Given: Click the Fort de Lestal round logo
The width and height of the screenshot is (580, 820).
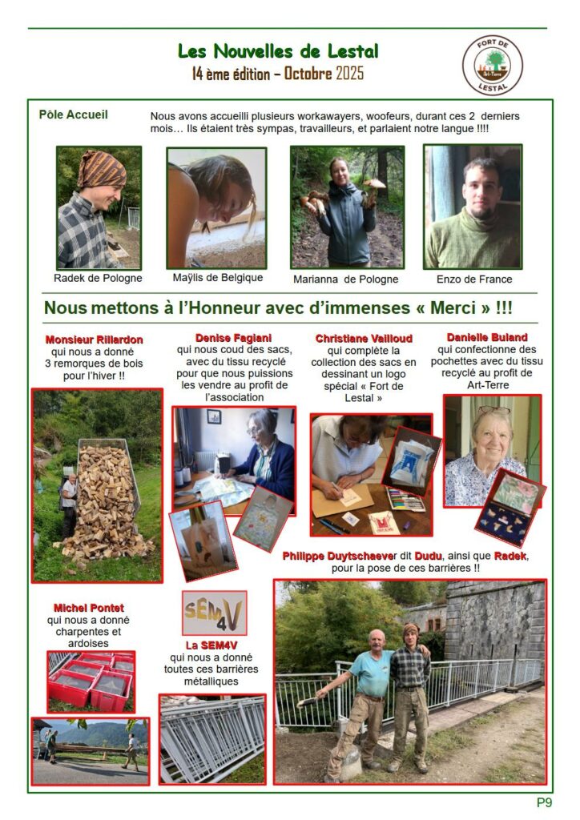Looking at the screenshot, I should pyautogui.click(x=493, y=66).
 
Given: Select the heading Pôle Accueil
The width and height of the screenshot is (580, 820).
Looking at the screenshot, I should pyautogui.click(x=73, y=115).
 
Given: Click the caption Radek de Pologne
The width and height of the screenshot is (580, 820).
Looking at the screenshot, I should pyautogui.click(x=98, y=278).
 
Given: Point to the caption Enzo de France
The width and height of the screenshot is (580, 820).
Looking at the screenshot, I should pyautogui.click(x=474, y=279).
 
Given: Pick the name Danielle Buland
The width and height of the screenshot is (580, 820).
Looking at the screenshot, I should pyautogui.click(x=486, y=337).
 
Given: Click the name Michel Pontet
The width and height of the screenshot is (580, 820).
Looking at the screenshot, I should pyautogui.click(x=88, y=608).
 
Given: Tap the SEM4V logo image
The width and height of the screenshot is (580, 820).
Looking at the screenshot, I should pyautogui.click(x=214, y=613).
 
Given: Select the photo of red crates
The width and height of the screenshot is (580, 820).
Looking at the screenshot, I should pyautogui.click(x=91, y=681).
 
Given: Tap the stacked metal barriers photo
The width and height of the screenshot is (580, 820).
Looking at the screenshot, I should pyautogui.click(x=212, y=738).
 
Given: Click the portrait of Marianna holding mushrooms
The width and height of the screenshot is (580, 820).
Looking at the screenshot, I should pyautogui.click(x=347, y=207).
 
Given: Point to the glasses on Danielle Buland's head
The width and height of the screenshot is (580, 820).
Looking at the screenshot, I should pyautogui.click(x=494, y=411).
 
